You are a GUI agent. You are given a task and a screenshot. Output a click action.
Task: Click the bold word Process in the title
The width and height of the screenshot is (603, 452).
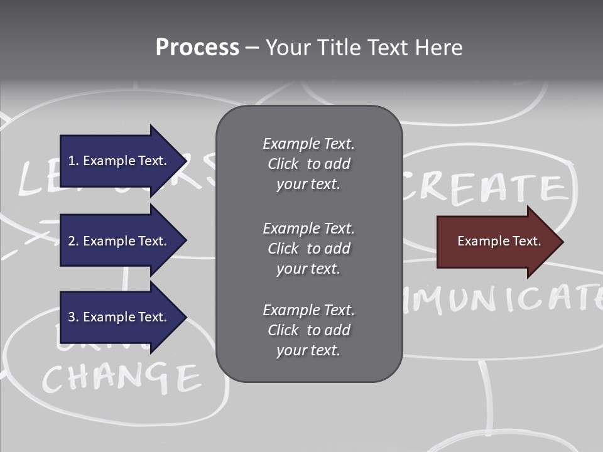click(x=197, y=48)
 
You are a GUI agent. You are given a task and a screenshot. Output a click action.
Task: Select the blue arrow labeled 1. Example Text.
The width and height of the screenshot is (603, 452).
click(x=119, y=161)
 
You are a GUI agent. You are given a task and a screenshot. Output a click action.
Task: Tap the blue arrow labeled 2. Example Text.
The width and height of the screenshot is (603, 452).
click(x=119, y=241)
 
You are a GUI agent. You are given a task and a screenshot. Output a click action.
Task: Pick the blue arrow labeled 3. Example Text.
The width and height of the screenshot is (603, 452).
click(x=119, y=317)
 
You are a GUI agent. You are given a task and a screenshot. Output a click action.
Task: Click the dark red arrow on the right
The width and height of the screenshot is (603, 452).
click(x=496, y=242)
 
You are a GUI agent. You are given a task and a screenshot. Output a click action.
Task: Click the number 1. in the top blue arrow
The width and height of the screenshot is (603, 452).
click(x=73, y=161)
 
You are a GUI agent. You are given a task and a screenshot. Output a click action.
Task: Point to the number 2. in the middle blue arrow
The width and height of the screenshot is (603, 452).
click(x=73, y=241)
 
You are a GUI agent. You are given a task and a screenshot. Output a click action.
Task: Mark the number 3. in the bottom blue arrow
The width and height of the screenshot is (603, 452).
click(x=73, y=317)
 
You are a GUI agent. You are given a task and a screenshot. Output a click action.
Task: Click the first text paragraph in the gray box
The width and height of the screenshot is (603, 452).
click(x=308, y=164)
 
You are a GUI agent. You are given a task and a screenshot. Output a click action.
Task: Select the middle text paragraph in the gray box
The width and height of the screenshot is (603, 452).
click(x=308, y=249)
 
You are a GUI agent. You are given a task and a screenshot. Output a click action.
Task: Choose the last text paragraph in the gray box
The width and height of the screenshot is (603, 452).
click(x=308, y=330)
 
